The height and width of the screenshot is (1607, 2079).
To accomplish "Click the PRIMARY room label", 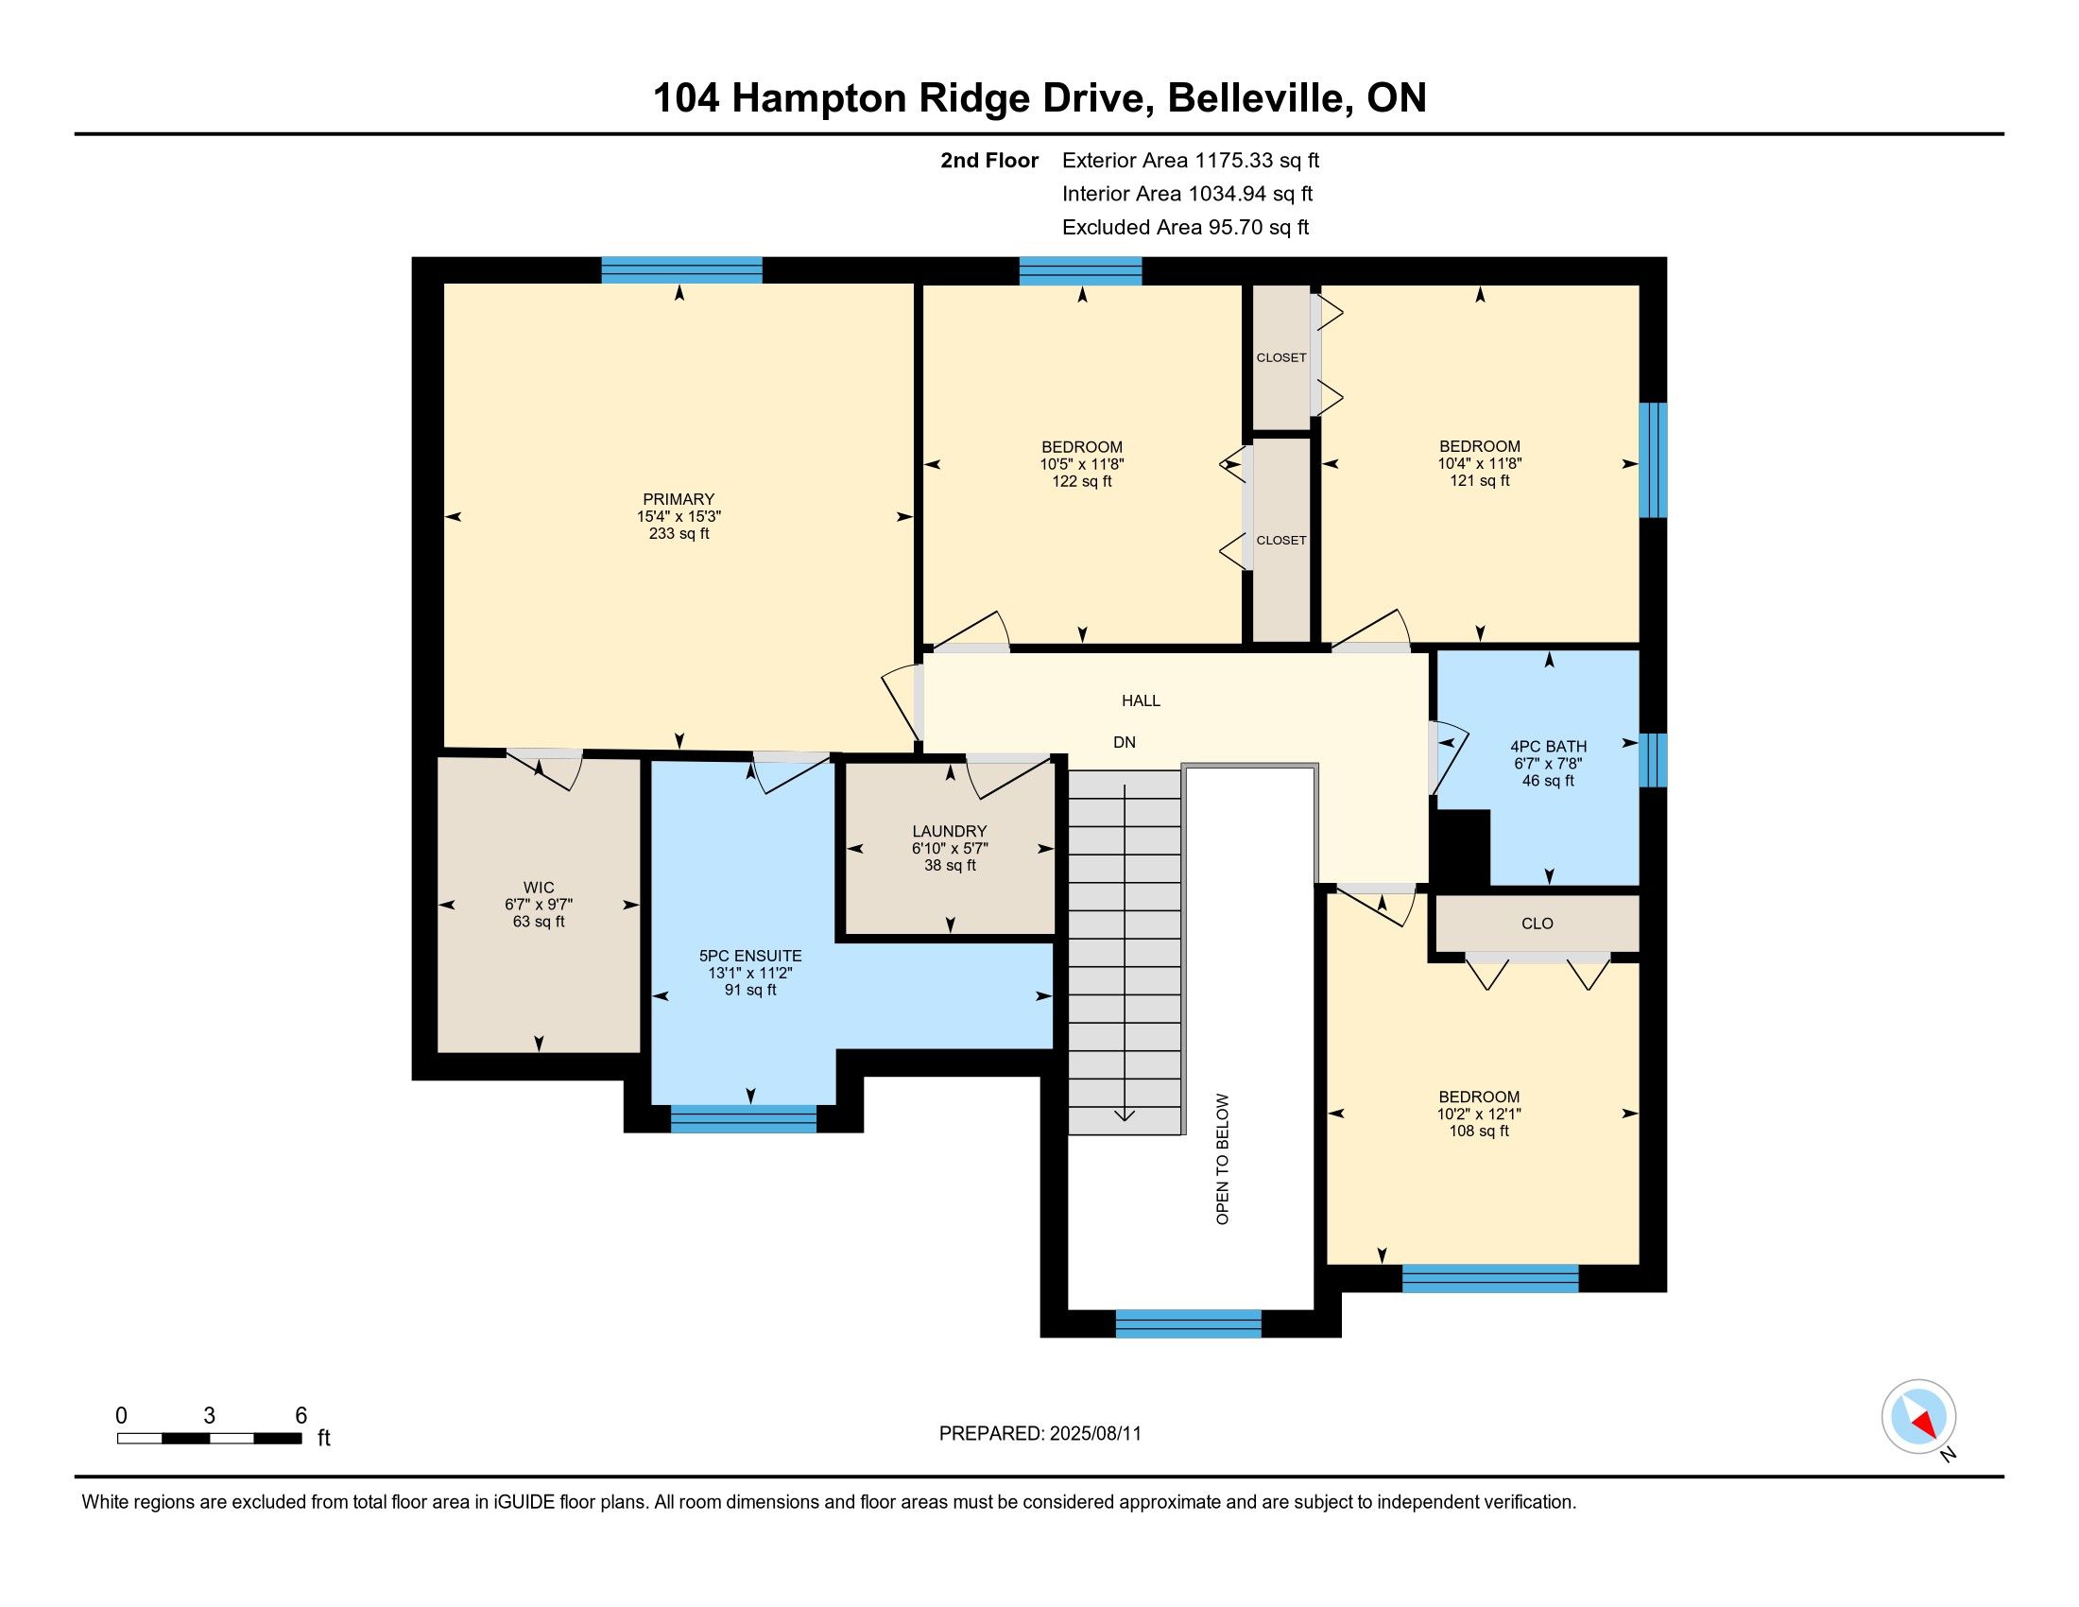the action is tap(678, 499).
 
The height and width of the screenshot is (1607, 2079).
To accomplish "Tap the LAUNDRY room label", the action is tap(949, 831).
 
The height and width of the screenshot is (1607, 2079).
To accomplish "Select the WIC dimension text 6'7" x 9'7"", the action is tap(539, 905).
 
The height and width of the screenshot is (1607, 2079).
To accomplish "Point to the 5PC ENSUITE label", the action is tap(750, 956).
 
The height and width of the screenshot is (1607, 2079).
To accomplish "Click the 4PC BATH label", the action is tap(1548, 747).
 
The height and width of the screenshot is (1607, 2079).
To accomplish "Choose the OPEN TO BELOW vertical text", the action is tap(1222, 1159).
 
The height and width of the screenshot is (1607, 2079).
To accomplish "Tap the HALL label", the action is tap(1141, 700).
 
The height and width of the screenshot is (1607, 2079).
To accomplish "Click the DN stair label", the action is tap(1125, 742).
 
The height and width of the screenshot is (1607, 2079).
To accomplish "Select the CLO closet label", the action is tap(1538, 924).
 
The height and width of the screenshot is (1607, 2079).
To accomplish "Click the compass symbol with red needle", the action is tap(1918, 1416).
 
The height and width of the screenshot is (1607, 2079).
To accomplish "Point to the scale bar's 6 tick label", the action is tap(301, 1415).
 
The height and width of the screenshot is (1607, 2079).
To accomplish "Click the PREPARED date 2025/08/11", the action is tap(1093, 1433).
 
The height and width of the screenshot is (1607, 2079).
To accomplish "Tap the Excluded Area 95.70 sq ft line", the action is tap(1185, 227).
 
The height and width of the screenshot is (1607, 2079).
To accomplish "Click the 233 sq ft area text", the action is tap(678, 533).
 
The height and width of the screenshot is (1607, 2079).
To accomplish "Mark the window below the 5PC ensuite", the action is tap(744, 1117).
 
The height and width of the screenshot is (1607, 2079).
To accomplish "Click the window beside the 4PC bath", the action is tap(1653, 760).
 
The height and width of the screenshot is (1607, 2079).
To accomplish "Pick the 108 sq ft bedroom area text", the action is tap(1478, 1131).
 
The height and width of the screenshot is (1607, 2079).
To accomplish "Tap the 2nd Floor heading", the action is tap(989, 160).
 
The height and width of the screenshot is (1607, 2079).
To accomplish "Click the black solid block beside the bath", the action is tap(1460, 847).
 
